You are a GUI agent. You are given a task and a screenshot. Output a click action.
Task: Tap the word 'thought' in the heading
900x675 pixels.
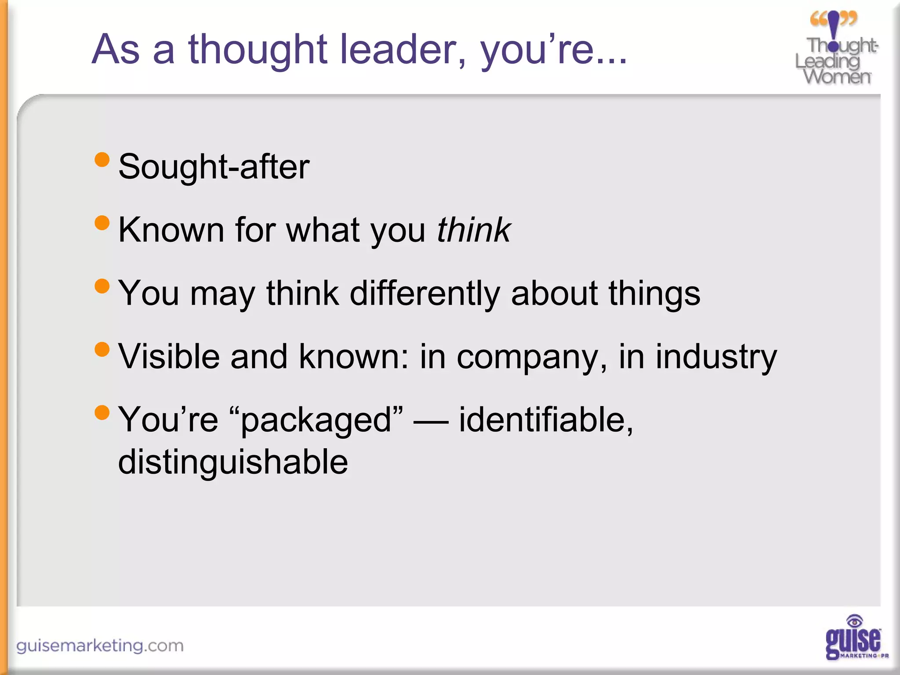258,49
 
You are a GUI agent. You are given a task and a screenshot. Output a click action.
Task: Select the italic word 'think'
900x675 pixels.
473,230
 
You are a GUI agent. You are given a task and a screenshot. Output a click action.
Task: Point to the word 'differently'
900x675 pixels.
425,293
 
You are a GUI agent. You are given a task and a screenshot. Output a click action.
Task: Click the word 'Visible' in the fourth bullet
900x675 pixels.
169,356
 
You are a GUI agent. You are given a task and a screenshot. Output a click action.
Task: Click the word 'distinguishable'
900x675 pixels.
233,462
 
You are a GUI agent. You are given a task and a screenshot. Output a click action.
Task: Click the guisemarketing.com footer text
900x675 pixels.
100,646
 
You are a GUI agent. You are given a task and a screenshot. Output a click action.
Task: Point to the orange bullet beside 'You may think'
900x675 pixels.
102,286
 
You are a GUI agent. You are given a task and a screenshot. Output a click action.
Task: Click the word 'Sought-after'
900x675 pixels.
214,167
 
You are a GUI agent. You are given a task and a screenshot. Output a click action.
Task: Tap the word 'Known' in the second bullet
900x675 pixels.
171,230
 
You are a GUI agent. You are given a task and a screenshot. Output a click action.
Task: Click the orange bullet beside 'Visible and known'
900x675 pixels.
102,349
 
